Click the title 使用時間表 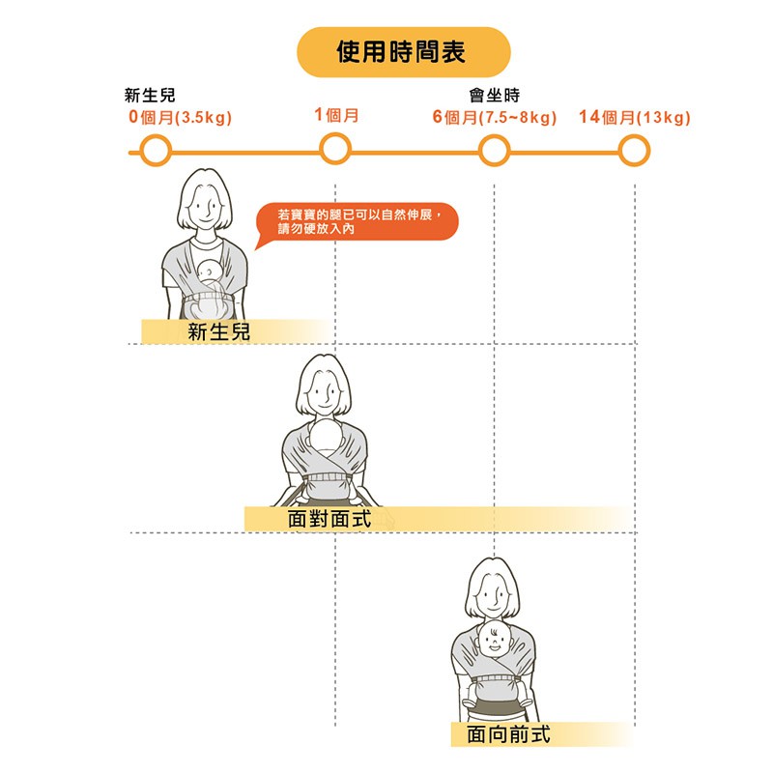[x=401, y=52]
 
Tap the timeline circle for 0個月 [x=156, y=151]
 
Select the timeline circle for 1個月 [x=335, y=149]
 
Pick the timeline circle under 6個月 [x=494, y=151]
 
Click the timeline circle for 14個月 [x=635, y=151]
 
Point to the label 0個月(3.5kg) [x=180, y=117]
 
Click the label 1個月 [x=336, y=115]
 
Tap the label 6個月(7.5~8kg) [x=495, y=117]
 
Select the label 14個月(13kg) [x=635, y=117]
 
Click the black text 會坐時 [x=495, y=95]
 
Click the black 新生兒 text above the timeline [x=150, y=95]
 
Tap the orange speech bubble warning [x=358, y=222]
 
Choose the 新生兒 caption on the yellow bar [x=219, y=331]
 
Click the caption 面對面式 [x=329, y=519]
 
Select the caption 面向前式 [x=508, y=734]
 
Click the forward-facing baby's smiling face [x=495, y=640]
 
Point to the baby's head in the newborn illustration [x=209, y=271]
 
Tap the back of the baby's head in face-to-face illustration [x=325, y=436]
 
